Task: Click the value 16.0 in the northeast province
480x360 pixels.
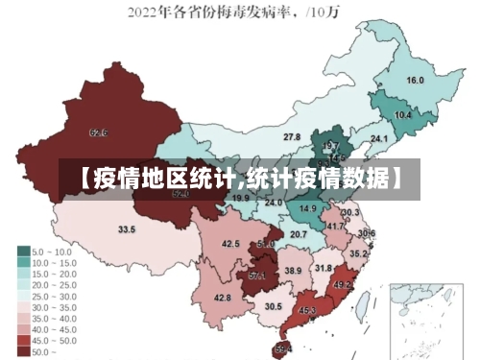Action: pyautogui.click(x=415, y=81)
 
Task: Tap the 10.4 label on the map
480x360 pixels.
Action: pyautogui.click(x=403, y=115)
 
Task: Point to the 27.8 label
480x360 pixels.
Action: pyautogui.click(x=291, y=138)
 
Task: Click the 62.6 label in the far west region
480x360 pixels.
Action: pyautogui.click(x=98, y=132)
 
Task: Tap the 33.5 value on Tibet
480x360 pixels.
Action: pyautogui.click(x=127, y=229)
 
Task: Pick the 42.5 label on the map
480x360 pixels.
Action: pyautogui.click(x=230, y=245)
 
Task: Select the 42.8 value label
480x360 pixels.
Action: pyautogui.click(x=223, y=298)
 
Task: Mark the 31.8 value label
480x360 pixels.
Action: pyautogui.click(x=323, y=269)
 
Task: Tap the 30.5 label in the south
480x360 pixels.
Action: pyautogui.click(x=274, y=306)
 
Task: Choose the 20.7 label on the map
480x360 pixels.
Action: pyautogui.click(x=299, y=234)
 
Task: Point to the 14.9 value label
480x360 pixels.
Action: pyautogui.click(x=308, y=208)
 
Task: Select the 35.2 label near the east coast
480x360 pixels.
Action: pyautogui.click(x=358, y=253)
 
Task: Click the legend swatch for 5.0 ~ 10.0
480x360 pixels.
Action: pyautogui.click(x=23, y=252)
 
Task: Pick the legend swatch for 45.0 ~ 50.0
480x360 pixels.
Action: pyautogui.click(x=23, y=340)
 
